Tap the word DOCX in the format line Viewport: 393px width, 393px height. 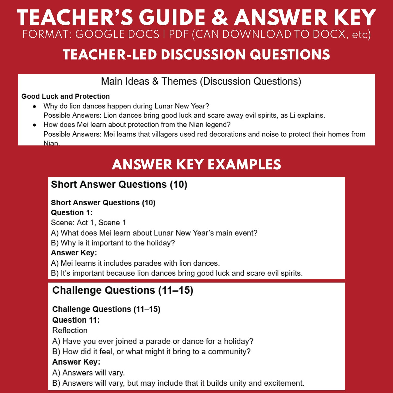329,34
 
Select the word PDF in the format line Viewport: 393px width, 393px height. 179,34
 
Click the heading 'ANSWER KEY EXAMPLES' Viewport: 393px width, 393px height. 196,165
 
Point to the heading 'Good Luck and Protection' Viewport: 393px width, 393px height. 66,96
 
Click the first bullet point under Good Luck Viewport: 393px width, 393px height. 35,106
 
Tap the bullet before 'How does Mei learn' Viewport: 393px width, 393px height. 35,125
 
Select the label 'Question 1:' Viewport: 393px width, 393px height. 72,212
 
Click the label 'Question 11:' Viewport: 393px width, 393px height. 76,320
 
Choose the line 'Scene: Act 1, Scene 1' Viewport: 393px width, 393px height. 88,222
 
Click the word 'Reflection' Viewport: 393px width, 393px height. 70,330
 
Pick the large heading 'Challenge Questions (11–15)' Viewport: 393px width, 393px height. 123,290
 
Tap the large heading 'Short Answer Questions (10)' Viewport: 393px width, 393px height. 119,184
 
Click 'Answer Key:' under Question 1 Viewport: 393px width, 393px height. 74,253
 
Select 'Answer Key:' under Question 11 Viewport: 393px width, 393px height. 76,362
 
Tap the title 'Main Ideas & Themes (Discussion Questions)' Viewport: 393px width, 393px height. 201,81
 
